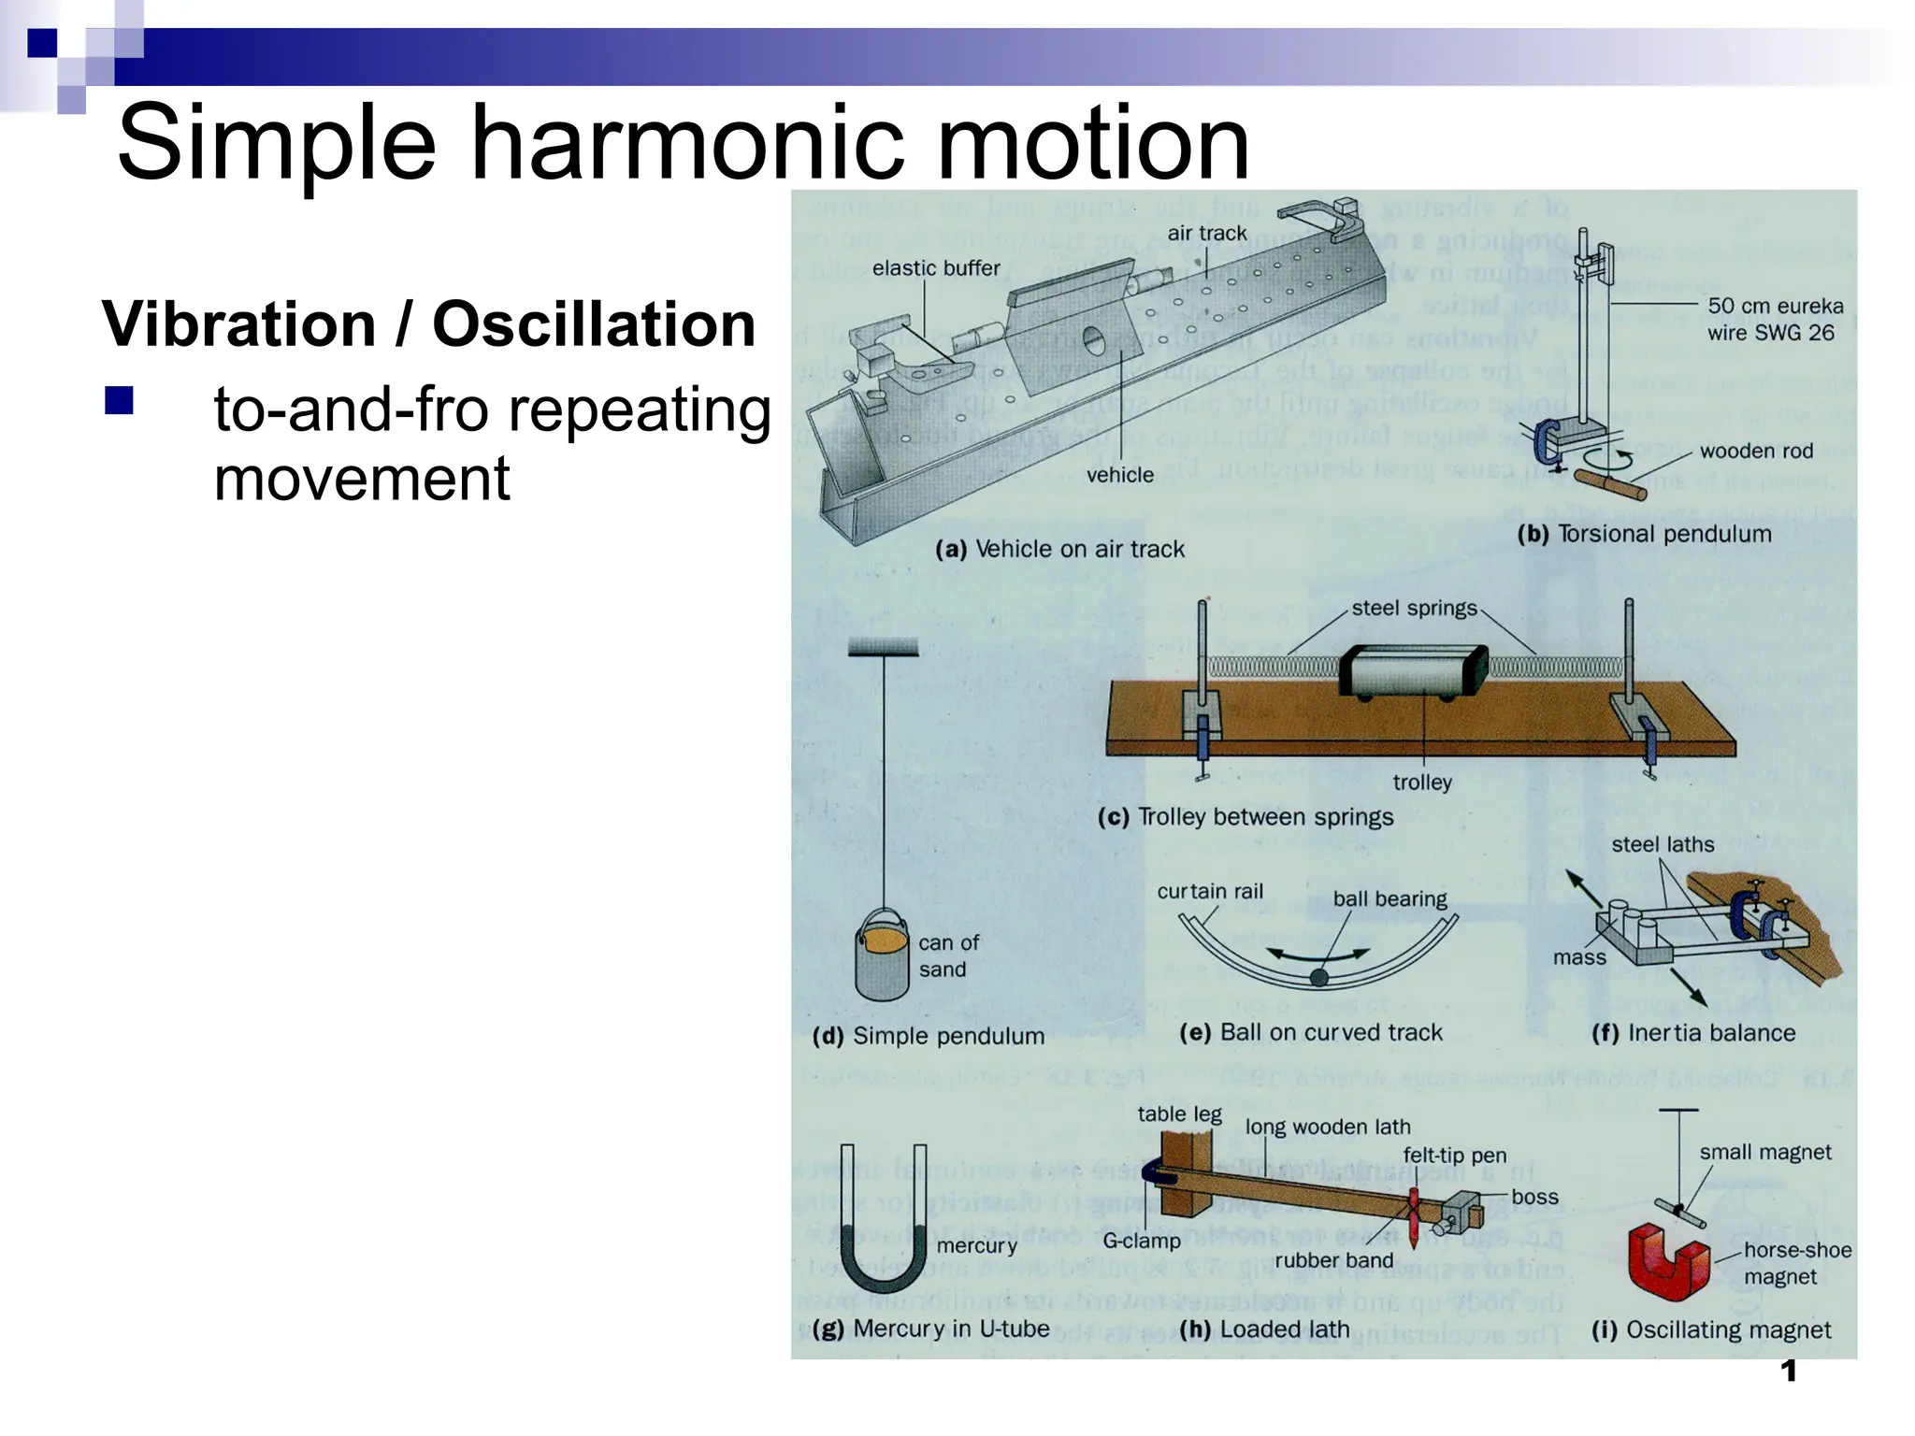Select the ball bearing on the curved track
pyautogui.click(x=1318, y=978)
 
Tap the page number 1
pyautogui.click(x=1789, y=1371)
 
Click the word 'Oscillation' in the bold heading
pyautogui.click(x=594, y=324)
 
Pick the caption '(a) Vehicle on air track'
pyautogui.click(x=1059, y=549)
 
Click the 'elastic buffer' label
pyautogui.click(x=936, y=268)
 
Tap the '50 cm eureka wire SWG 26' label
pyautogui.click(x=1775, y=319)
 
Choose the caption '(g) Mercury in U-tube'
pyautogui.click(x=931, y=1328)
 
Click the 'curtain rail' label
pyautogui.click(x=1210, y=892)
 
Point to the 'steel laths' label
pyautogui.click(x=1663, y=844)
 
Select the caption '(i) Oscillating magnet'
pyautogui.click(x=1710, y=1329)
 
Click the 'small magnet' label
pyautogui.click(x=1765, y=1152)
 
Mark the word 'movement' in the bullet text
pyautogui.click(x=362, y=479)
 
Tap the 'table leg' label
pyautogui.click(x=1179, y=1113)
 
